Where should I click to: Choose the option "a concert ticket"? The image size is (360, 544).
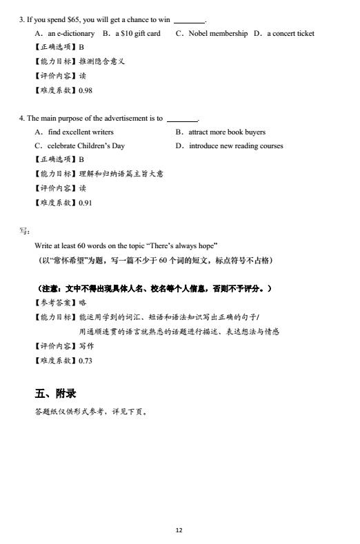point(290,33)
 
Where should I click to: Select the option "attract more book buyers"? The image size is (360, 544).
point(227,132)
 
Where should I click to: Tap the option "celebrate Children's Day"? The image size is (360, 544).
point(86,145)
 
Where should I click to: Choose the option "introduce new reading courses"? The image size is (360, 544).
point(236,145)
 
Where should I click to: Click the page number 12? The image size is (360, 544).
point(179,530)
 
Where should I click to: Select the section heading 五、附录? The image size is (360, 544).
point(55,394)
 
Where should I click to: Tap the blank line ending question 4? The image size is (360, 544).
point(182,119)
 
